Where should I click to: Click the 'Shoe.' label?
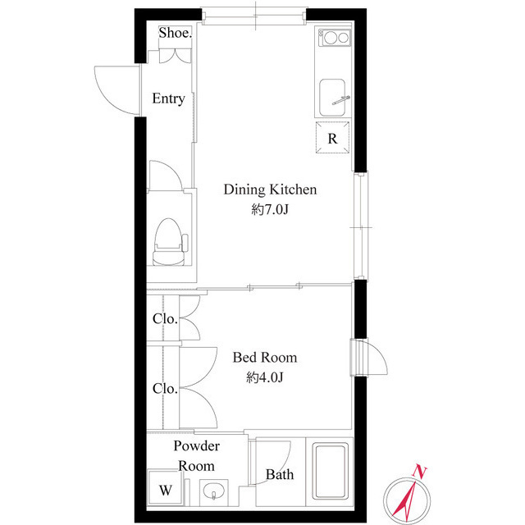(x=175, y=34)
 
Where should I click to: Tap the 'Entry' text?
(x=168, y=99)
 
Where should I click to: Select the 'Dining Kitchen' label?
(x=271, y=190)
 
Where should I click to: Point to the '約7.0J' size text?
(x=271, y=210)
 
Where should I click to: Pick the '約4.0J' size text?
(x=264, y=377)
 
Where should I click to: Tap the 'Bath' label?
(x=279, y=474)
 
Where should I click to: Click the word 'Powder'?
(x=197, y=446)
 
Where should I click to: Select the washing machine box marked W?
(x=166, y=490)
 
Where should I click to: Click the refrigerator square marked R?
(x=333, y=138)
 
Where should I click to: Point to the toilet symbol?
(x=169, y=241)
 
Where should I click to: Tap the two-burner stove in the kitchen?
(x=333, y=38)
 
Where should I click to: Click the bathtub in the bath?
(x=331, y=473)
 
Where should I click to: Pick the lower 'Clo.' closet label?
(x=163, y=388)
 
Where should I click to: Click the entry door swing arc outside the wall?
(x=113, y=88)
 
